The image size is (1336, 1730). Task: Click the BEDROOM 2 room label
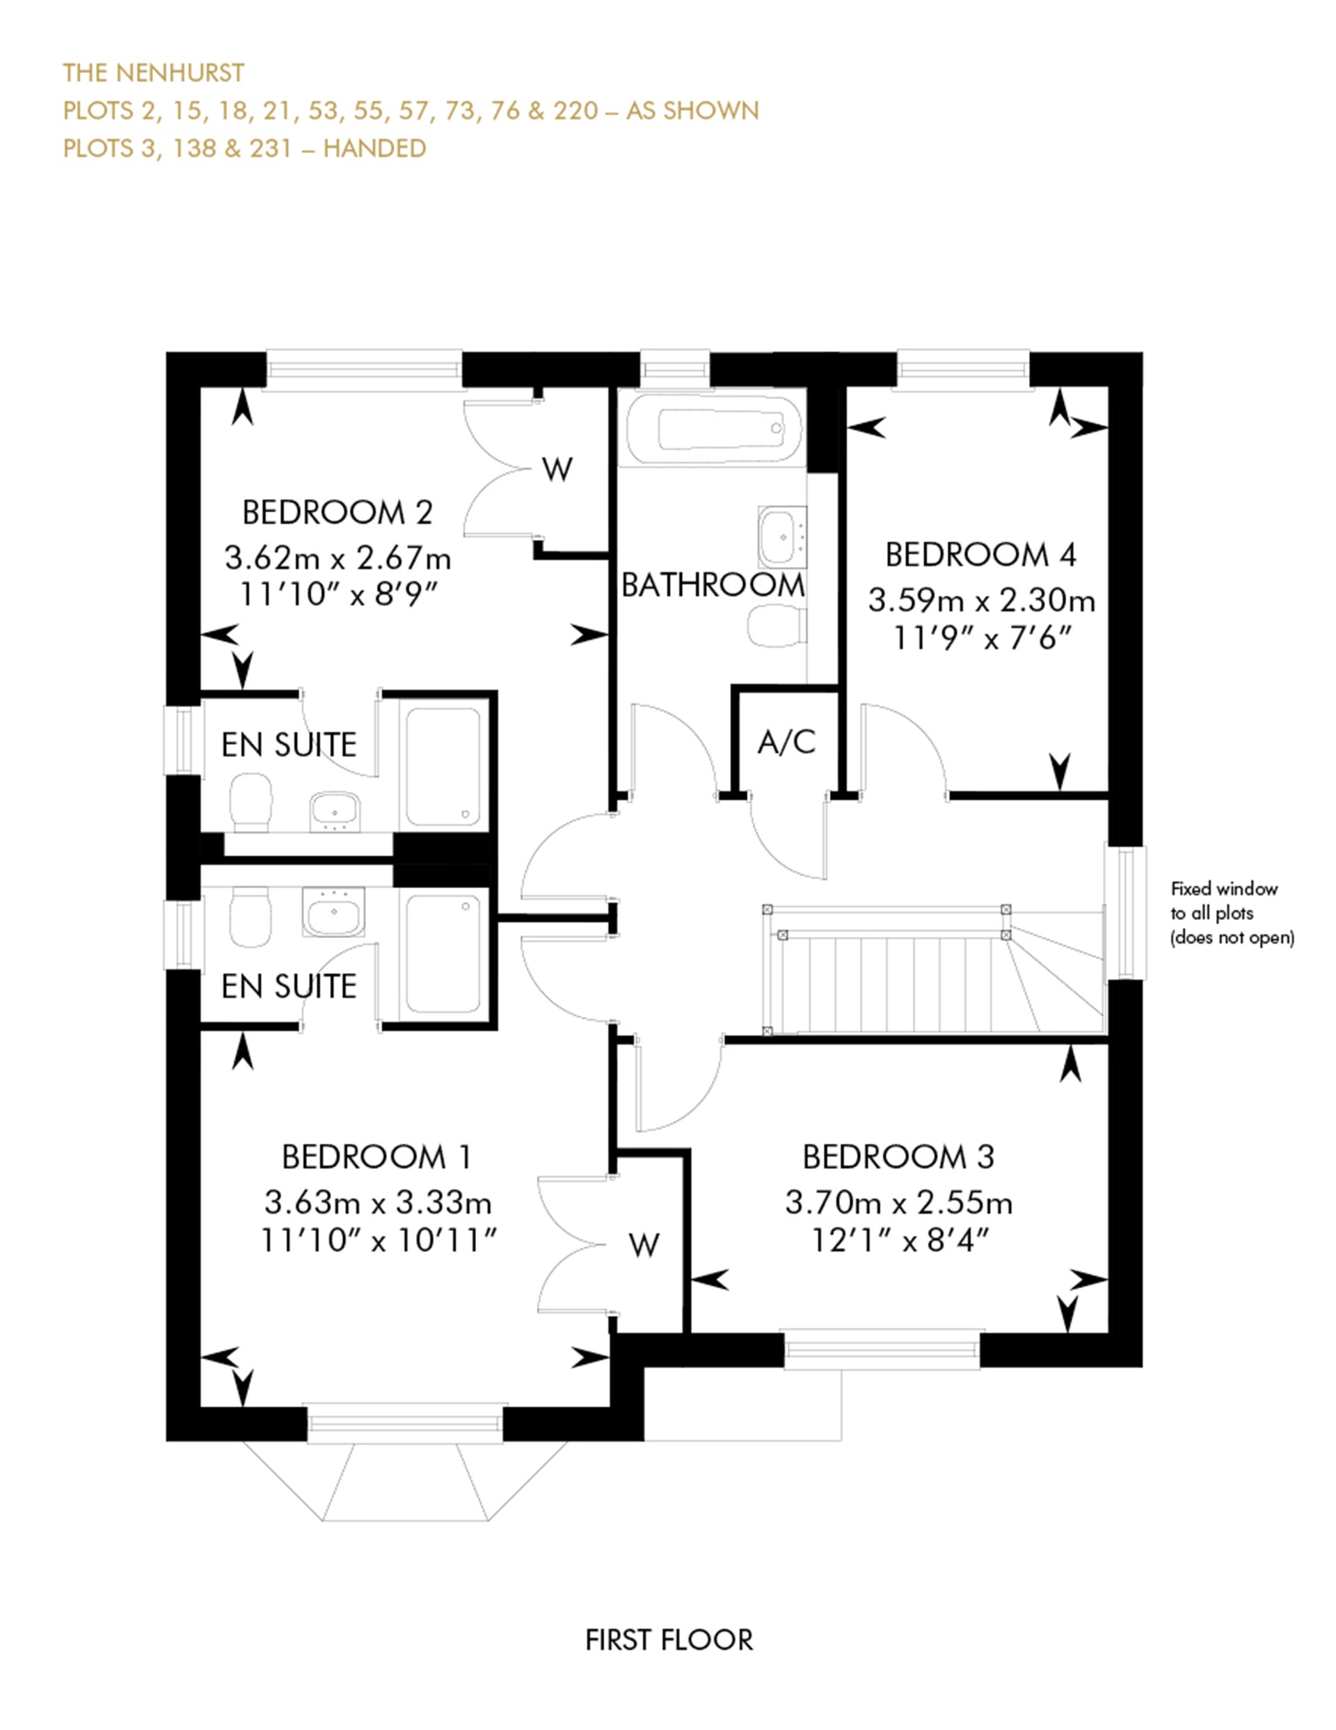click(x=337, y=512)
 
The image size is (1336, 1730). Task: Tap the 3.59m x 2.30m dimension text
click(x=981, y=601)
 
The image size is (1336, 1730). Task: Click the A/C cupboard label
click(x=786, y=743)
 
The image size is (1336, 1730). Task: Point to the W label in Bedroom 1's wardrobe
click(x=644, y=1246)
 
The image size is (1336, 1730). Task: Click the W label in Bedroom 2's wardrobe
click(x=557, y=470)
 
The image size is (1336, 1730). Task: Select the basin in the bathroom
click(x=782, y=537)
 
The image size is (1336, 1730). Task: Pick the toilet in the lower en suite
click(x=250, y=919)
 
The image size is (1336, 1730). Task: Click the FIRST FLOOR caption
click(x=669, y=1640)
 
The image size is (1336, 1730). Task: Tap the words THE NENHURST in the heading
click(x=154, y=73)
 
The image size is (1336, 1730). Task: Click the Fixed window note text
click(x=1232, y=913)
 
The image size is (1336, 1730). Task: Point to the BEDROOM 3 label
click(x=898, y=1157)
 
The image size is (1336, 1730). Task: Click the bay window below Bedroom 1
click(x=405, y=1479)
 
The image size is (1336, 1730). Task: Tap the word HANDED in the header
click(x=374, y=148)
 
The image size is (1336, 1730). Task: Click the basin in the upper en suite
click(x=335, y=811)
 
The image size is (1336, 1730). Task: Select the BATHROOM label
click(x=712, y=585)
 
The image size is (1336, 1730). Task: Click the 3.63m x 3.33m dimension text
click(x=378, y=1203)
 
